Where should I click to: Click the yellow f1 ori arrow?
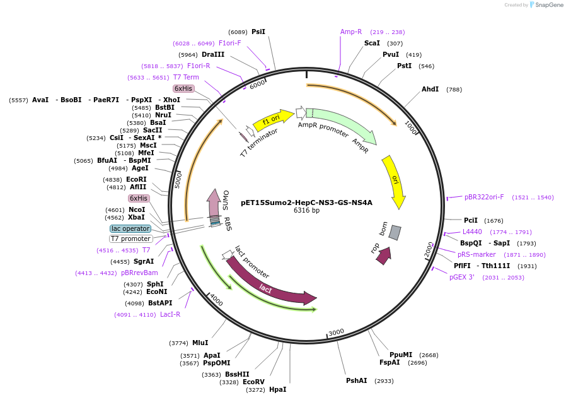274,120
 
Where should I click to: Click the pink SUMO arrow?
214,203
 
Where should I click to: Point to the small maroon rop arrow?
384,256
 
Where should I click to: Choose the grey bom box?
395,233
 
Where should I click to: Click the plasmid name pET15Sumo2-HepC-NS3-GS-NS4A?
306,203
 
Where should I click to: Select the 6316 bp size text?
306,210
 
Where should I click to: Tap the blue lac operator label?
130,229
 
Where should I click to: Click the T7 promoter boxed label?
130,239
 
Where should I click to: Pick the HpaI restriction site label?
277,389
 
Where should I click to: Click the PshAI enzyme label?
356,381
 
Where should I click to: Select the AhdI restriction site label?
430,89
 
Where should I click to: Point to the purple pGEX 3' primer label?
462,278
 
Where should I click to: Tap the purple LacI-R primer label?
170,315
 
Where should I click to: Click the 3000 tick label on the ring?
336,332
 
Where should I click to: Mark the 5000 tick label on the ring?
178,180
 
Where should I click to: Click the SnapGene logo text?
549,5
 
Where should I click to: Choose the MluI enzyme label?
200,343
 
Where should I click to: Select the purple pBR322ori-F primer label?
484,197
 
